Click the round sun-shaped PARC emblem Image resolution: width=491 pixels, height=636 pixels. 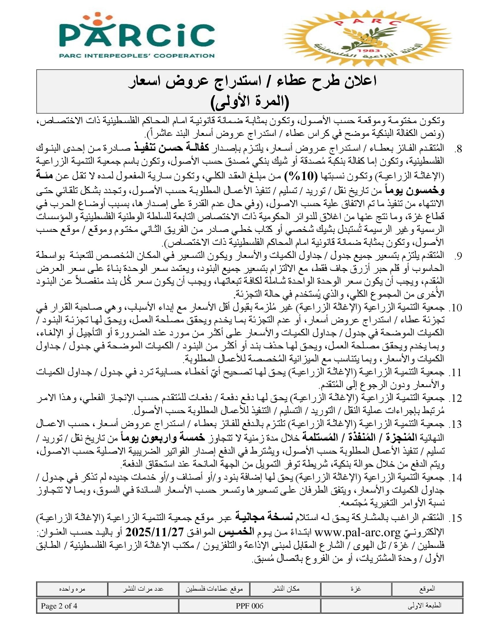pos(367,38)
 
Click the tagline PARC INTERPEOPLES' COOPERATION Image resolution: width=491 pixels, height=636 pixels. pos(137,55)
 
